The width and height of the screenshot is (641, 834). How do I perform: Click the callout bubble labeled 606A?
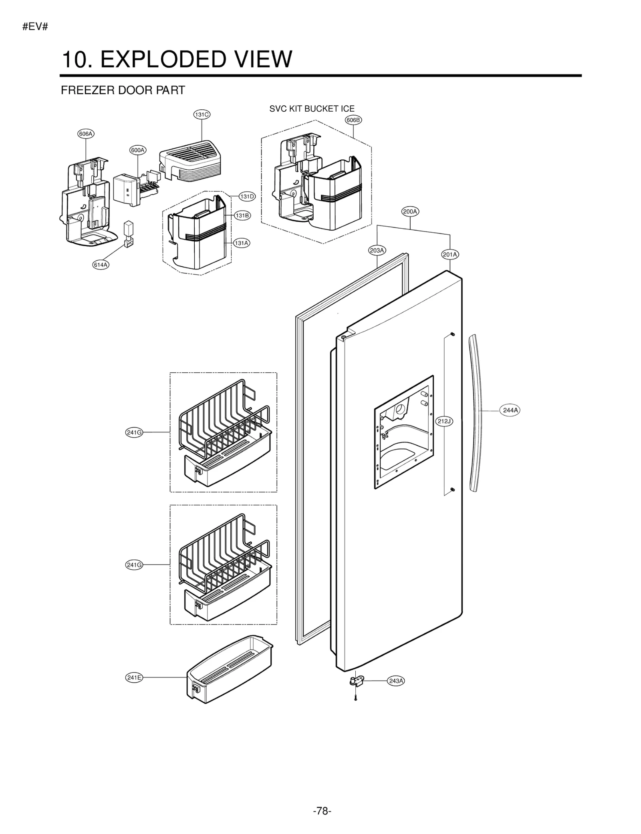[86, 134]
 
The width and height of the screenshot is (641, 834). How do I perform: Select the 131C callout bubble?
[202, 115]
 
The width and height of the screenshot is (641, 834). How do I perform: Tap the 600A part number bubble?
[138, 150]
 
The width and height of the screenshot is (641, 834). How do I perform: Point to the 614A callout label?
[101, 265]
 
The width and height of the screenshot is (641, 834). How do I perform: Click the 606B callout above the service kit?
[353, 120]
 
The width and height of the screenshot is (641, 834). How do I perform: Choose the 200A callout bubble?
[410, 211]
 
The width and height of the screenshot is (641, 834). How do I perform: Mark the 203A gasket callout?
[377, 251]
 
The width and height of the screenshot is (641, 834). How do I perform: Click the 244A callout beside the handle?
[510, 410]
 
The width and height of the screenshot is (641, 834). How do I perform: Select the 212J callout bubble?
[444, 421]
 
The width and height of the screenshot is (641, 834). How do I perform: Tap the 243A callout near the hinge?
[396, 681]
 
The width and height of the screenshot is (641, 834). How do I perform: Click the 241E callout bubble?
[134, 677]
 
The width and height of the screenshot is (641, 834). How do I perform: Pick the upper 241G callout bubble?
[134, 432]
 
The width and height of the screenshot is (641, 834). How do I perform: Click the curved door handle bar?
[477, 412]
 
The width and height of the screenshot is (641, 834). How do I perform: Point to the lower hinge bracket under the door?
[357, 681]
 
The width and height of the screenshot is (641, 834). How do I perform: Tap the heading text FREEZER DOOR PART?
[123, 90]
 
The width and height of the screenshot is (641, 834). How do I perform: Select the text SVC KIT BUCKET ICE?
[312, 109]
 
